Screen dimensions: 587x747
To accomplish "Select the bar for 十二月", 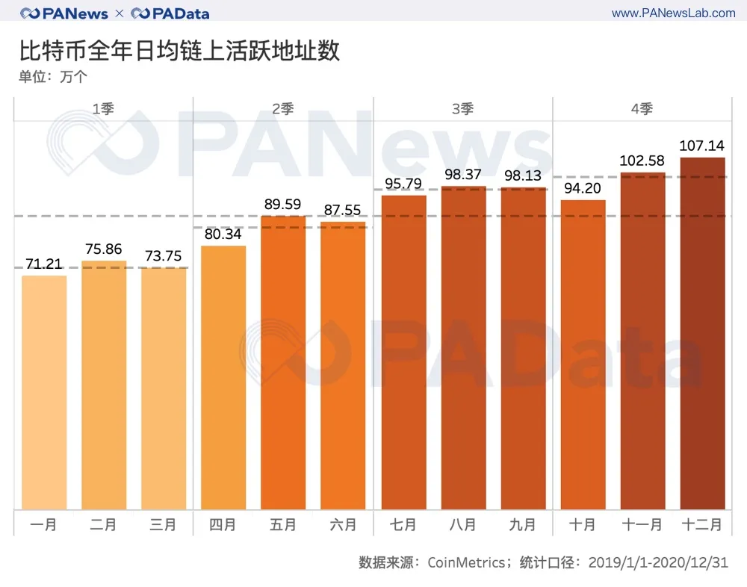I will (x=702, y=334).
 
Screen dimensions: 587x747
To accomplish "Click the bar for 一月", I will (x=44, y=393).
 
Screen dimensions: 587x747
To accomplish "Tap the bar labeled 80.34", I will (x=223, y=378).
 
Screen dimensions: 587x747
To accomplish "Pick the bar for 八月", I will (x=463, y=348).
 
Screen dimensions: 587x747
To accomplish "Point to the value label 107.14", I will (x=702, y=146).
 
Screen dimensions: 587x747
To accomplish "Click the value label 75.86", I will (x=104, y=249).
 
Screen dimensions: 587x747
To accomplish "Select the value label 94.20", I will (x=583, y=188).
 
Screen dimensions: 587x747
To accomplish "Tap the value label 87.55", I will (x=343, y=210).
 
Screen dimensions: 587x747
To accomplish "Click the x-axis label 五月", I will (x=283, y=525).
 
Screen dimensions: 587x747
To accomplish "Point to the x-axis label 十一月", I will (x=642, y=525).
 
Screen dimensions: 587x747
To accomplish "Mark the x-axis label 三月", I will (x=164, y=525).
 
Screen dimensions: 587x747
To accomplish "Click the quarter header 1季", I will (x=103, y=109).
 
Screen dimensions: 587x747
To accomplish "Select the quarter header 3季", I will (x=462, y=109).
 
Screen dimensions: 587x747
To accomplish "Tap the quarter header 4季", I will (x=642, y=109).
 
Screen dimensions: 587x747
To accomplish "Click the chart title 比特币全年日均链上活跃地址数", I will (x=179, y=51).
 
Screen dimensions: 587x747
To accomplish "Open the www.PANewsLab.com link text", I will (x=673, y=13).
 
